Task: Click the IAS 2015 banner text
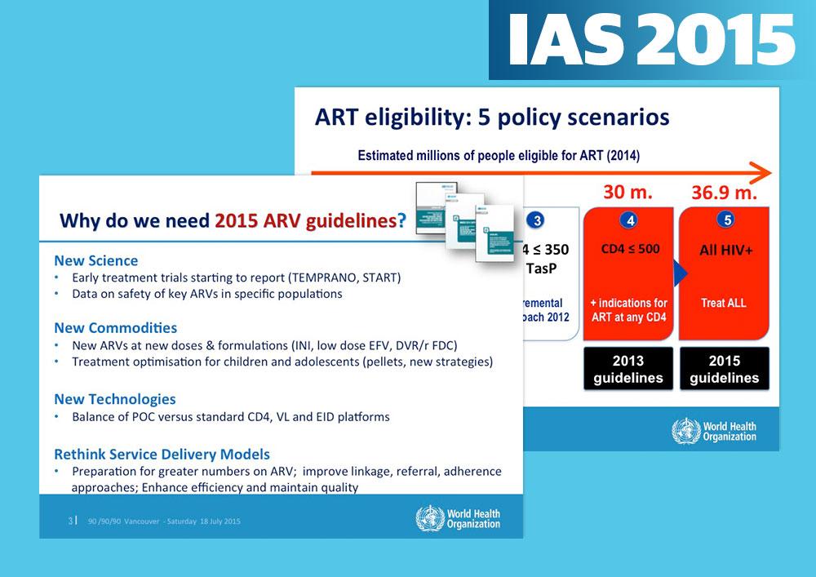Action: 651,39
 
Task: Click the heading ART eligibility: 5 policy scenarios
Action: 492,117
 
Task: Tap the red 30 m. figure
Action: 628,193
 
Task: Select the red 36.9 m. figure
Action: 724,194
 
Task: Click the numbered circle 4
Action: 628,220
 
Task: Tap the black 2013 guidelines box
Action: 628,369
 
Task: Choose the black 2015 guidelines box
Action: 724,369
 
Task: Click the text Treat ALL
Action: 724,303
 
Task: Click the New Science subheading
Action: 95,261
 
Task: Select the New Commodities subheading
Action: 115,328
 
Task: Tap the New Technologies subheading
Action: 114,399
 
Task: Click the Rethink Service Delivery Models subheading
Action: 162,454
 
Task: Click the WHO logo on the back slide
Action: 714,431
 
